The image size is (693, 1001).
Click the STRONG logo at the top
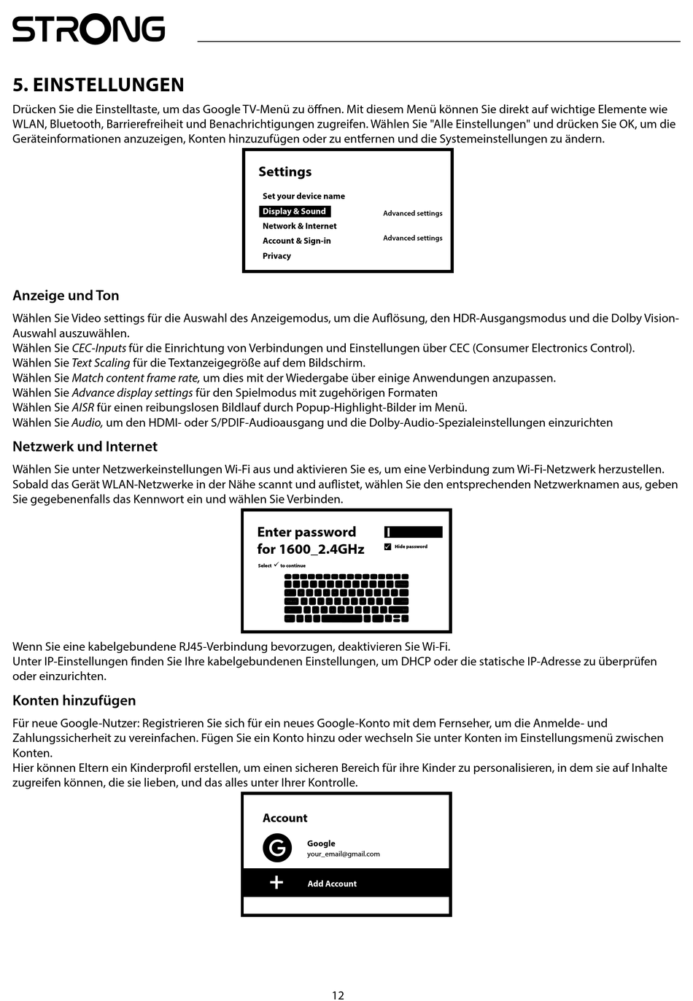88,30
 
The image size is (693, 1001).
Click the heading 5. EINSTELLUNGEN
98,85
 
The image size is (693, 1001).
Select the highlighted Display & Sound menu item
295,212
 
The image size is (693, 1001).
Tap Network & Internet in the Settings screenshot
299,226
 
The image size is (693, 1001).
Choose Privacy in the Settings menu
276,256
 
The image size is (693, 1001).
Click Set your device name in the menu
303,196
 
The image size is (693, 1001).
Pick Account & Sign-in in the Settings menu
296,241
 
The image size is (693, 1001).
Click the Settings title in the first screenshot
284,172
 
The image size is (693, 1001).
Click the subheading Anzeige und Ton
66,295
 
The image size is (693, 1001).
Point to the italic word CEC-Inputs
98,348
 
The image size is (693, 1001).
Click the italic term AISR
82,408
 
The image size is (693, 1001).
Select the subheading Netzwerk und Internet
85,447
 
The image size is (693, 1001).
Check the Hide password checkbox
388,546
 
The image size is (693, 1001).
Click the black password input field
413,532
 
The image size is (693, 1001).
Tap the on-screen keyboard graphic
346,598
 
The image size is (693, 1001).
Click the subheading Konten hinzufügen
74,700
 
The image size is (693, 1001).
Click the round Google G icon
277,848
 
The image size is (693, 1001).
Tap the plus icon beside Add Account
276,883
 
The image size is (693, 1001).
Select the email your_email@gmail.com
343,854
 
